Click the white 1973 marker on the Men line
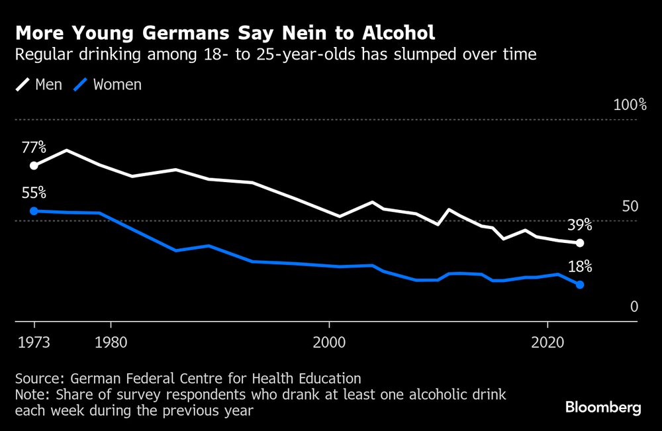[x=34, y=166]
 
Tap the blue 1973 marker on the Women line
[x=34, y=211]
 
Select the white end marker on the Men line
[x=580, y=243]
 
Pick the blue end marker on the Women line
[x=580, y=285]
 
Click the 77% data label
[x=33, y=147]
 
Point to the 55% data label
[x=33, y=193]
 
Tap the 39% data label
[x=579, y=225]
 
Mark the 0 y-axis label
[x=634, y=307]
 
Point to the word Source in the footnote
[x=38, y=379]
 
